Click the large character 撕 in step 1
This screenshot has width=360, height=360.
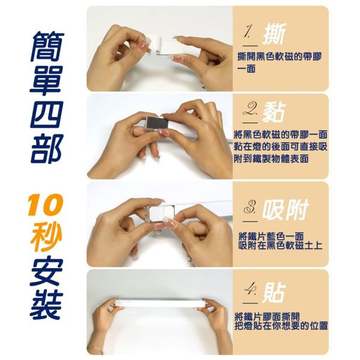[274, 34]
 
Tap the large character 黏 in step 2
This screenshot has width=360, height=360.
[274, 112]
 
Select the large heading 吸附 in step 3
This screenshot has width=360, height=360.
[284, 210]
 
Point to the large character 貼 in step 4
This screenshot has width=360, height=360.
[274, 292]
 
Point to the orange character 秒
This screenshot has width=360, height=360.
[46, 235]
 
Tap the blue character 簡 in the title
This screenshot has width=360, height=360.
[47, 47]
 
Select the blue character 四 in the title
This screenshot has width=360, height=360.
[46, 115]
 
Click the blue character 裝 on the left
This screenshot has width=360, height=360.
[46, 305]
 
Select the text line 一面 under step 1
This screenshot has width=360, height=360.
[247, 68]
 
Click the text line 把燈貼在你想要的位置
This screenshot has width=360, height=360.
[281, 326]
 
